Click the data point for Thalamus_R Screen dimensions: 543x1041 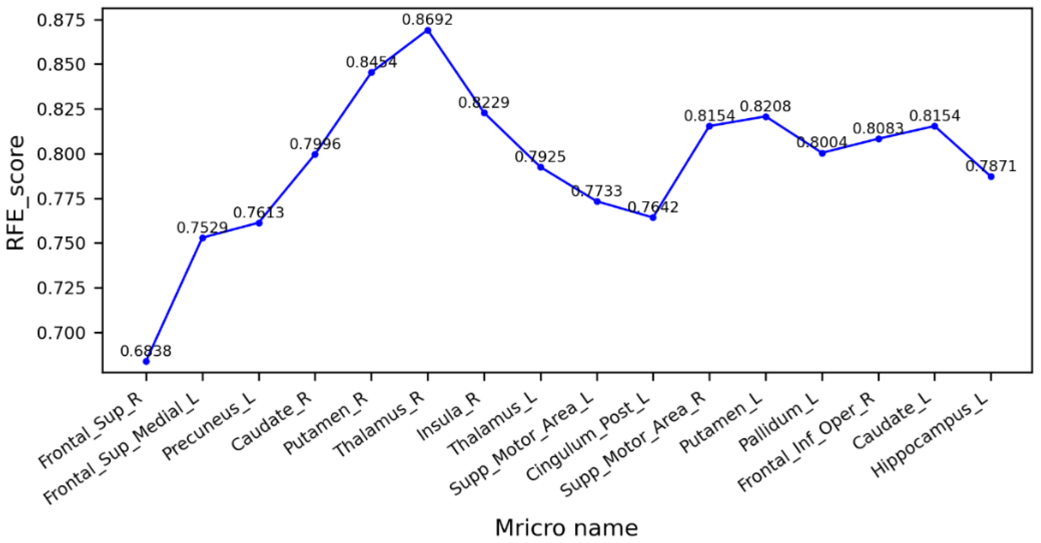click(x=428, y=30)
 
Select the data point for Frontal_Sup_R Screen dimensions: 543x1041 click(x=146, y=361)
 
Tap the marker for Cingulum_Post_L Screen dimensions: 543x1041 click(x=653, y=217)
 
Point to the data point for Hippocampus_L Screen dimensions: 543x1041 click(x=991, y=177)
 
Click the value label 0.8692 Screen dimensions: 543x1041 click(x=427, y=19)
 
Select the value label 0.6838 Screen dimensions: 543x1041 click(x=146, y=351)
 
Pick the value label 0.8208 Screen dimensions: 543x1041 click(x=765, y=106)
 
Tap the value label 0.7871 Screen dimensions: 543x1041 click(x=991, y=166)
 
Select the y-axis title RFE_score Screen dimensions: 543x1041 click(x=16, y=193)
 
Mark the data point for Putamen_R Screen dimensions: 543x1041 click(x=372, y=73)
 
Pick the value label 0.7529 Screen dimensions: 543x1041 click(x=202, y=228)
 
